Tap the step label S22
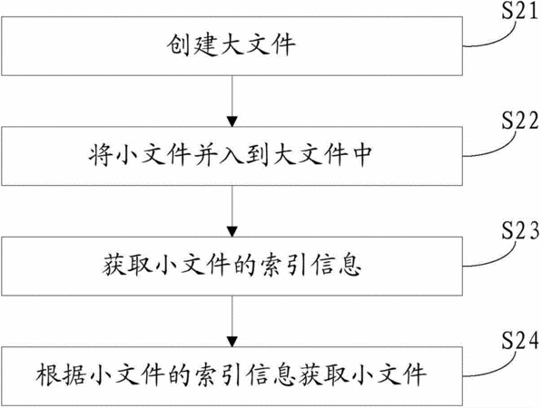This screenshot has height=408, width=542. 520,121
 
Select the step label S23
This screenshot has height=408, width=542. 520,230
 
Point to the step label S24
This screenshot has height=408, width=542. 520,340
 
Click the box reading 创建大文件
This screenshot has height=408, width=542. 232,46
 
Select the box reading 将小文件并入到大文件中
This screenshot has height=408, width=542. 232,156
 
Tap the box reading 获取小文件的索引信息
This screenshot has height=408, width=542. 232,267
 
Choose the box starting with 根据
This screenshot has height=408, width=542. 232,376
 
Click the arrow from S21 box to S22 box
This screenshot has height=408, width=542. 232,101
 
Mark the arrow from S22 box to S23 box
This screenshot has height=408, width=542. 232,211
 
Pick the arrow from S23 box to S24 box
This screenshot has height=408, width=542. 232,321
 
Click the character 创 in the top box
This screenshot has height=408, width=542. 178,44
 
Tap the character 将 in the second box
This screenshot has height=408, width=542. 101,155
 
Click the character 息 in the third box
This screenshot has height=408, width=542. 350,266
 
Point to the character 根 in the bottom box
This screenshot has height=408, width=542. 47,374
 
